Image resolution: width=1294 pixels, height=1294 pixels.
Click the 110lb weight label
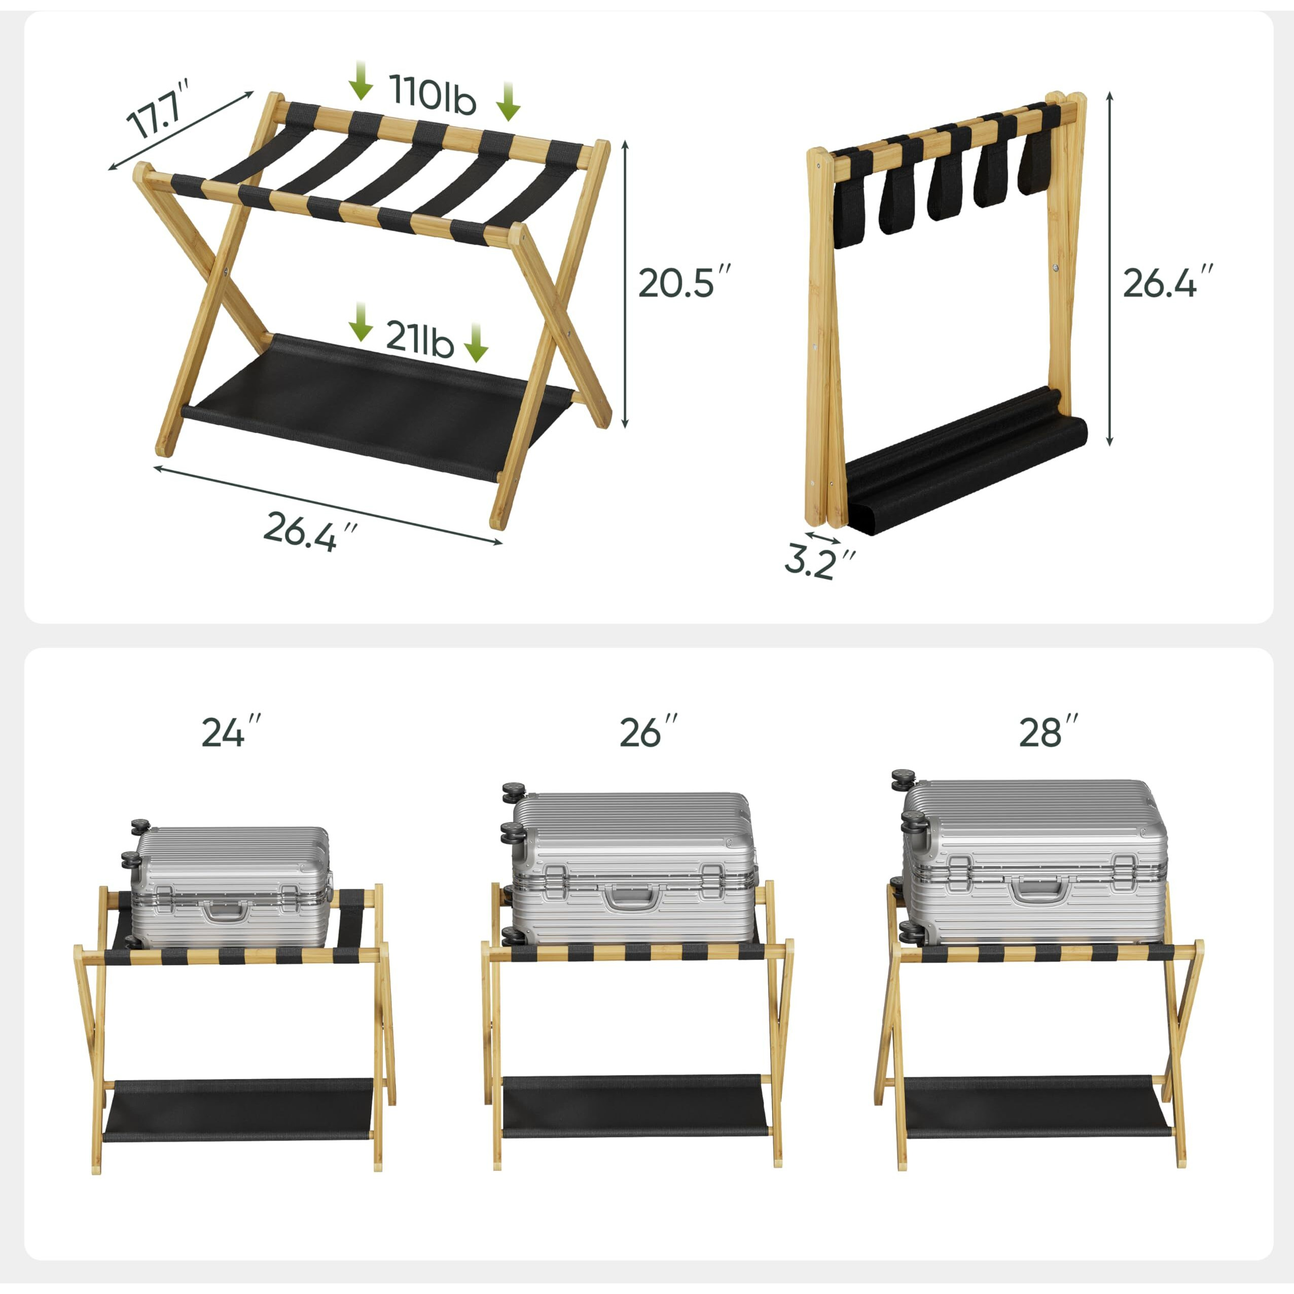[x=433, y=95]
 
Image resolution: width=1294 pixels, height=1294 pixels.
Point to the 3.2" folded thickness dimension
[x=819, y=563]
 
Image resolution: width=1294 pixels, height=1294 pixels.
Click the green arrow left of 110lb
[x=361, y=81]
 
